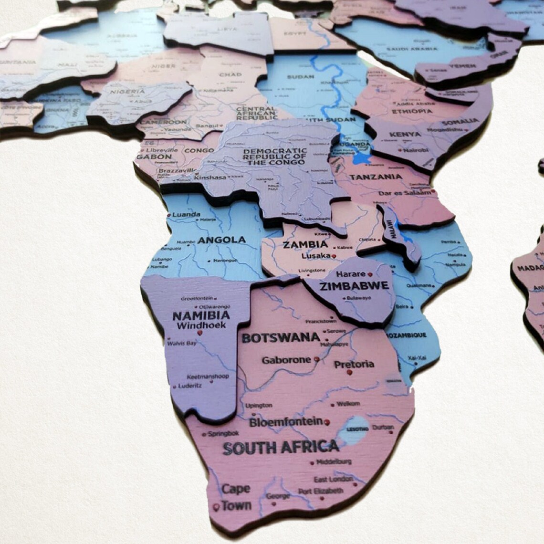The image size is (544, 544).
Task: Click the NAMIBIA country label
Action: click(200, 315)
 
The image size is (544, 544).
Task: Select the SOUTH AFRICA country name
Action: click(281, 448)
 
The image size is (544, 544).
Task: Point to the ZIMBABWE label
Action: click(355, 286)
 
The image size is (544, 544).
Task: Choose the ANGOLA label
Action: click(222, 240)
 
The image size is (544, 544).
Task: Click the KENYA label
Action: click(405, 135)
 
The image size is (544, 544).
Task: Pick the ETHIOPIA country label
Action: click(411, 112)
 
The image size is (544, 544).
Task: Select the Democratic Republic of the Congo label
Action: click(274, 156)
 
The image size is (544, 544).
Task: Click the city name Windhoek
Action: click(200, 326)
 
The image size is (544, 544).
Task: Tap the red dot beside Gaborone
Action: click(316, 359)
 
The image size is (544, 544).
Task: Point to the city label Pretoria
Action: click(354, 365)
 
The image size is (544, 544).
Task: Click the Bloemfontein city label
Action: click(286, 422)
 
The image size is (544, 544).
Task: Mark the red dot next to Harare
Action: click(369, 274)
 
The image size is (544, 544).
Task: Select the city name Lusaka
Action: click(315, 256)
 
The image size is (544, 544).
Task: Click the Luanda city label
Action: click(186, 214)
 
